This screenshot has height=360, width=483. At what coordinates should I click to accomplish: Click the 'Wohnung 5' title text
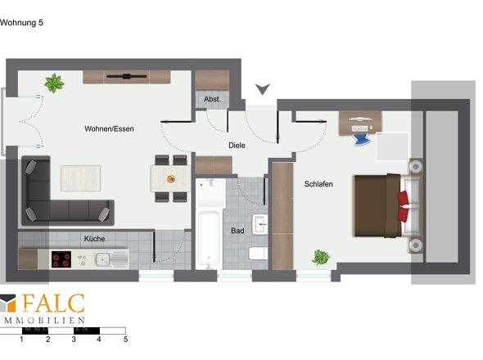tap(21, 23)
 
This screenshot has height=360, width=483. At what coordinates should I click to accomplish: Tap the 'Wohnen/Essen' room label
tap(109, 128)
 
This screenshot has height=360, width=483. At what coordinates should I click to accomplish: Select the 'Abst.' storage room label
tap(212, 99)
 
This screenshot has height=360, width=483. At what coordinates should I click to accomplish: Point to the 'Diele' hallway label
tap(237, 146)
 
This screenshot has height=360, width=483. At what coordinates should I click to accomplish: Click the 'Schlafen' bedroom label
tap(318, 184)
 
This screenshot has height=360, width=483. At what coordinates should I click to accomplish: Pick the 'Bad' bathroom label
tap(237, 231)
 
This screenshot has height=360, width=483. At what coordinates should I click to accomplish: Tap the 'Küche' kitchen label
tap(94, 239)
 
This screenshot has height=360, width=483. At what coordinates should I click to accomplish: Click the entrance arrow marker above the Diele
tap(263, 88)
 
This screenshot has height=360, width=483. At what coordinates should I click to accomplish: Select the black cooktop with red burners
tap(61, 259)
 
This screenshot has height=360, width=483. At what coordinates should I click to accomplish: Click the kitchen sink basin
tap(102, 259)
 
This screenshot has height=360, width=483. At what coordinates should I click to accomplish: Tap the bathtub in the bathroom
tap(209, 237)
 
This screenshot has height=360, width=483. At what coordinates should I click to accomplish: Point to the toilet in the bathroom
tap(258, 253)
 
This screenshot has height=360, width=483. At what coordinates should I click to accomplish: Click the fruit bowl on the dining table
tap(171, 178)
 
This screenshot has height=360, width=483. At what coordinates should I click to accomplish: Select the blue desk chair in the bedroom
tap(362, 139)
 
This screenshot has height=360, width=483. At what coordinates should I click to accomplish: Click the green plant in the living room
tap(54, 83)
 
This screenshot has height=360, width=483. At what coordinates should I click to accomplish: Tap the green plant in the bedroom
tap(321, 257)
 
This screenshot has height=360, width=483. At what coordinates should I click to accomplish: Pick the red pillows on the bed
tap(404, 206)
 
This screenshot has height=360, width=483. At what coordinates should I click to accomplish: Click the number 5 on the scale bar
tap(126, 340)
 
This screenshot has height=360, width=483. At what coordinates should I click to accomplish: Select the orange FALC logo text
tap(53, 304)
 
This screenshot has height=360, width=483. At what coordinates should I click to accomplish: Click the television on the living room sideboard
tap(127, 76)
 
